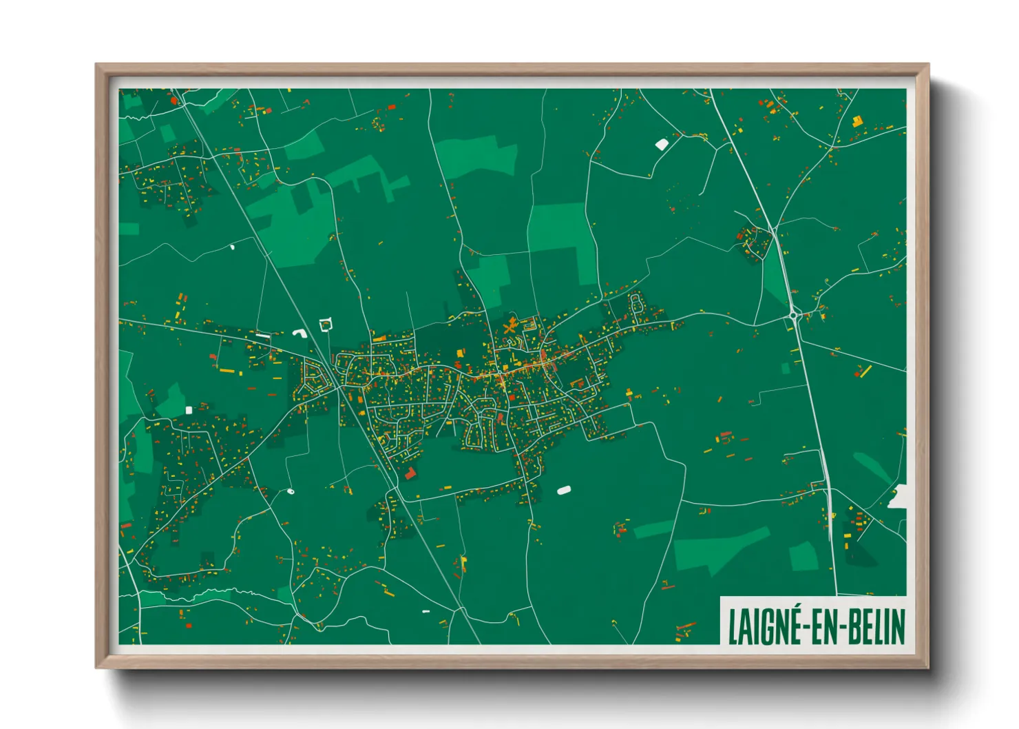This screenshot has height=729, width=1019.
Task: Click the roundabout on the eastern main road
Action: pyautogui.click(x=795, y=316)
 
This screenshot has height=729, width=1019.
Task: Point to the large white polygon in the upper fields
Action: pyautogui.click(x=662, y=144)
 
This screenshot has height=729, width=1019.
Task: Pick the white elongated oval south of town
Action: pyautogui.click(x=564, y=491)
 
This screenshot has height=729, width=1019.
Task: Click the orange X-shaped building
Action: pyautogui.click(x=509, y=327)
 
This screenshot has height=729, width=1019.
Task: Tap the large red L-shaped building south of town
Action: pyautogui.click(x=410, y=473)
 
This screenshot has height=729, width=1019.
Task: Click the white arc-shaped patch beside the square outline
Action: pyautogui.click(x=300, y=333)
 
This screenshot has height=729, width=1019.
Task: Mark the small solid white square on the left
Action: pyautogui.click(x=189, y=410)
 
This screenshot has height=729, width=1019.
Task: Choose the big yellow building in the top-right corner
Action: pyautogui.click(x=857, y=121)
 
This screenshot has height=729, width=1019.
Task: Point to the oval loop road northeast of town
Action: pyautogui.click(x=636, y=303)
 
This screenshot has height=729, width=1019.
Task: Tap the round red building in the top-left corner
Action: pyautogui.click(x=174, y=101)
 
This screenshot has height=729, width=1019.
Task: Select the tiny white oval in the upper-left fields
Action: pyautogui.click(x=232, y=246)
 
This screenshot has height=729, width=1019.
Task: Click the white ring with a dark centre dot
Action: pyautogui.click(x=290, y=491)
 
